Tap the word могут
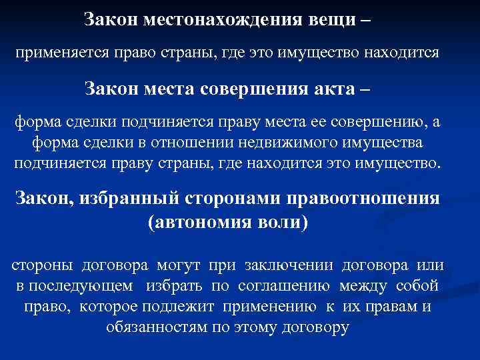[180, 265]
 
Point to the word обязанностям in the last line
[153, 327]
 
